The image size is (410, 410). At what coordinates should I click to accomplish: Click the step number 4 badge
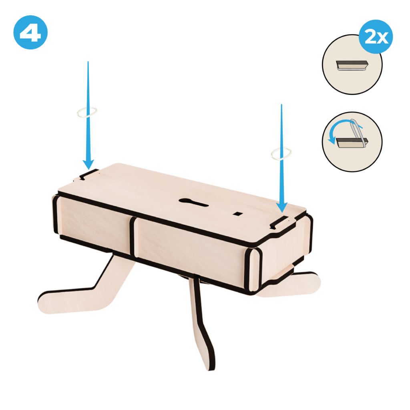(x=30, y=32)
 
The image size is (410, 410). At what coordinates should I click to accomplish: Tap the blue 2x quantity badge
(x=376, y=36)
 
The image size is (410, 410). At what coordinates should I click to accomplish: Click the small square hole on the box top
(x=238, y=214)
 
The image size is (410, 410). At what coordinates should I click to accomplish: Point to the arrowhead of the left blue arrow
(x=88, y=165)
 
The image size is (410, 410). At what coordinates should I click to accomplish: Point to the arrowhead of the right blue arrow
(x=281, y=208)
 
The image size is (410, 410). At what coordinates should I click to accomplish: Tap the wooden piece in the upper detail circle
(x=352, y=65)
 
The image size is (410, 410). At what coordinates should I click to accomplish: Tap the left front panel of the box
(x=94, y=222)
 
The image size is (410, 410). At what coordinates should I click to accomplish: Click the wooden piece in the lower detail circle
(x=350, y=143)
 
